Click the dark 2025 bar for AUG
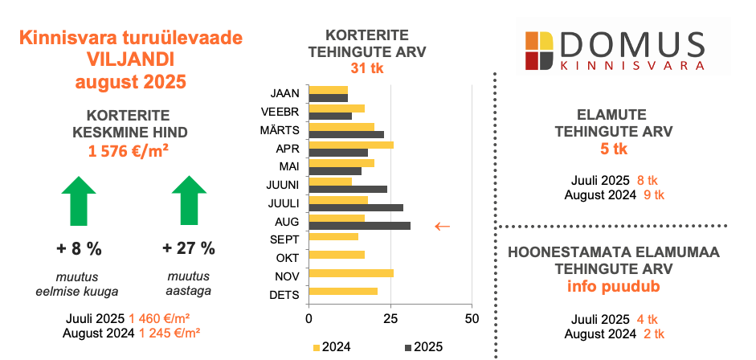pyautogui.click(x=360, y=226)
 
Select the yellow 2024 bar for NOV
pyautogui.click(x=351, y=273)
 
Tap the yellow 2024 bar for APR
pyautogui.click(x=351, y=145)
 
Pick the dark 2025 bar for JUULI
pyautogui.click(x=356, y=207)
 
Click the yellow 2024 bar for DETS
pyautogui.click(x=343, y=291)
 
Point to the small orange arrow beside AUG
pyautogui.click(x=442, y=226)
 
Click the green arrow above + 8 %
pyautogui.click(x=79, y=200)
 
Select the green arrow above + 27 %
pyautogui.click(x=189, y=200)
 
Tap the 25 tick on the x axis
pyautogui.click(x=390, y=319)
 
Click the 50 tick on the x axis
pyautogui.click(x=472, y=319)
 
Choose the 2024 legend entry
pyautogui.click(x=332, y=347)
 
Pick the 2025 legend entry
pyautogui.click(x=423, y=347)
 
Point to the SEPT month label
pyautogui.click(x=285, y=239)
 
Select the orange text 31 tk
pyautogui.click(x=367, y=68)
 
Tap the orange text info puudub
pyautogui.click(x=614, y=286)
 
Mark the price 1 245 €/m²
pyautogui.click(x=170, y=333)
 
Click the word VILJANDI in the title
pyautogui.click(x=131, y=59)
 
